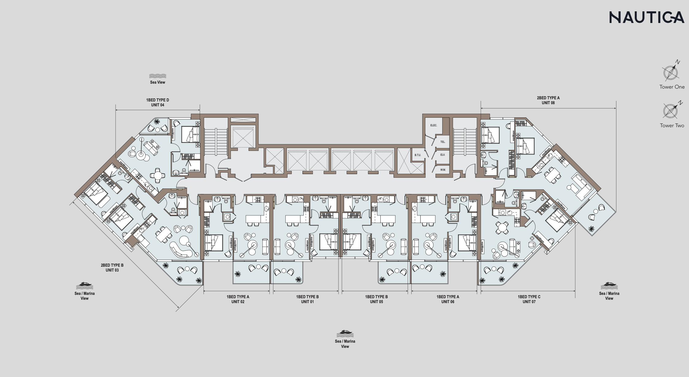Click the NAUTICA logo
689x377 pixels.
(647, 17)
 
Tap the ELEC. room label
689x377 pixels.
(434, 125)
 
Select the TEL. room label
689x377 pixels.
(443, 142)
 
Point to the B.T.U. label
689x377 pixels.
(418, 155)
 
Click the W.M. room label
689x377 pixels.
(443, 170)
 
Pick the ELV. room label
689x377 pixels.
(443, 155)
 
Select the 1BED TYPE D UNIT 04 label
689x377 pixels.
(158, 102)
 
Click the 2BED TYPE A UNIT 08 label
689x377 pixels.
(548, 100)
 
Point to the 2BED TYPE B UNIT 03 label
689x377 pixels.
(112, 268)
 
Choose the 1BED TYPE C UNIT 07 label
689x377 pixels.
(529, 299)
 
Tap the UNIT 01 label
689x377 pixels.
(307, 302)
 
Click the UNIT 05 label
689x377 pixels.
(376, 302)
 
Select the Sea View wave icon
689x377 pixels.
(158, 76)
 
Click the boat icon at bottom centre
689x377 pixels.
(345, 333)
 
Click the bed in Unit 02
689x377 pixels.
(214, 243)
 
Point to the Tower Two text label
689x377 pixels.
(672, 125)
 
